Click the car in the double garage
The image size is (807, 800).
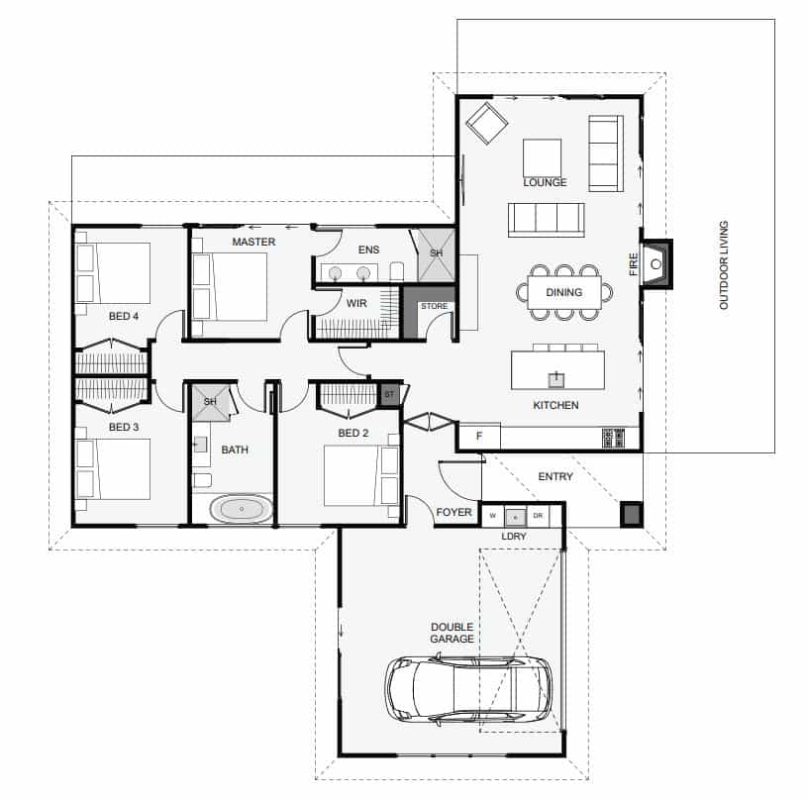(468, 689)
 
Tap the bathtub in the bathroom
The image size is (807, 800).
(242, 509)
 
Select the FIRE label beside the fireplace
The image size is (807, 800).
(633, 264)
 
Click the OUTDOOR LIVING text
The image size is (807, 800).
(724, 265)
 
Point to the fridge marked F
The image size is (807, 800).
(479, 437)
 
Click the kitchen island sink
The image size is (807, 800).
(555, 379)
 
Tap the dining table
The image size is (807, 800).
(564, 292)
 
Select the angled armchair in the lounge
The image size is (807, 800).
(486, 124)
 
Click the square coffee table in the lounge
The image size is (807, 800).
(542, 157)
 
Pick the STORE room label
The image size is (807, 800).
(435, 306)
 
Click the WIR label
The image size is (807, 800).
(356, 303)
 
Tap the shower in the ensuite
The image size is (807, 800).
(437, 255)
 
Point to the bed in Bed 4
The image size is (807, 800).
(113, 272)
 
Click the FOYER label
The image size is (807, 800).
(454, 512)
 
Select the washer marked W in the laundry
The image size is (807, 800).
(493, 516)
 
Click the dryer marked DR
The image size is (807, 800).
(538, 516)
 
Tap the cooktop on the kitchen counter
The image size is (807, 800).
(614, 438)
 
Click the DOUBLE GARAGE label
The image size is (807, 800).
(452, 633)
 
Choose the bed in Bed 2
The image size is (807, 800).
(360, 476)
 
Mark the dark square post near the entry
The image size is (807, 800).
(632, 514)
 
